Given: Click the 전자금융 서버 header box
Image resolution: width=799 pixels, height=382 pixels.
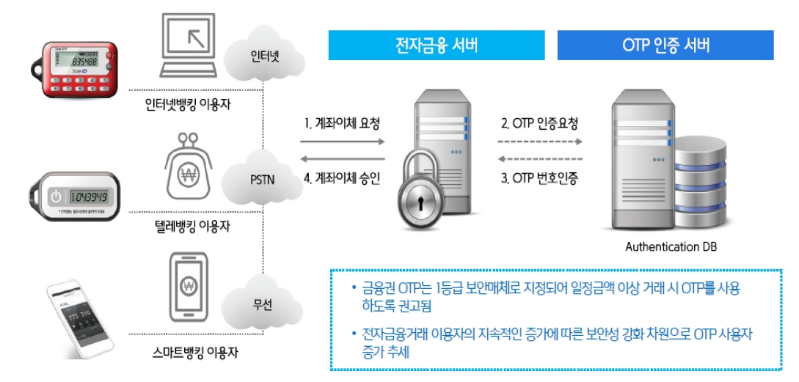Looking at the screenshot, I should pos(436,45).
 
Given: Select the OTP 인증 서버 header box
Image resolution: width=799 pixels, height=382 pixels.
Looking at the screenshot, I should pos(665,45).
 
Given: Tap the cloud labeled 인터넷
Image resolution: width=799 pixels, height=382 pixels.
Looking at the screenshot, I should pos(264,55).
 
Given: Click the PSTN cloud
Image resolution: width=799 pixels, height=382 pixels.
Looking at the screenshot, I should pos(262,177).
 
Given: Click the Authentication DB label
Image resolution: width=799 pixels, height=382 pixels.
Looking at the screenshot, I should pos(671,247).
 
